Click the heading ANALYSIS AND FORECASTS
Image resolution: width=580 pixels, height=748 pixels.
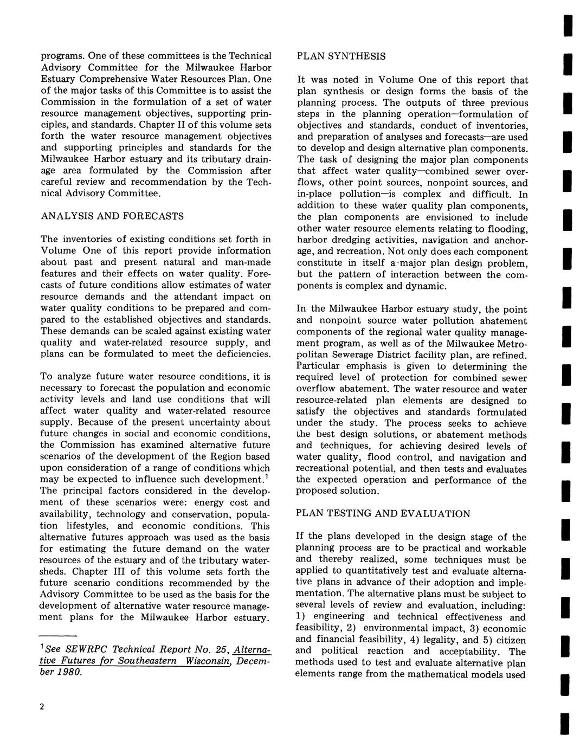(x=112, y=216)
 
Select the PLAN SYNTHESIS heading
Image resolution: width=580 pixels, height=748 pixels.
(x=341, y=56)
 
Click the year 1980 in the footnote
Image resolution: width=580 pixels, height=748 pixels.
(x=71, y=673)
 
